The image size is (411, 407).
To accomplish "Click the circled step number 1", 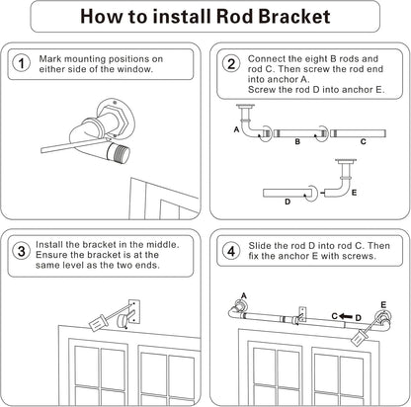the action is (22, 63).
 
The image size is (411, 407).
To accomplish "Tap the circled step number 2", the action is (231, 63).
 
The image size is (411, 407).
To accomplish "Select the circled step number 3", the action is (22, 251).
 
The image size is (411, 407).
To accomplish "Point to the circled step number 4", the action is (231, 251).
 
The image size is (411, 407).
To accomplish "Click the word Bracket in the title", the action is (293, 17).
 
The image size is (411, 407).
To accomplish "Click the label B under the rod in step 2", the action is (297, 142).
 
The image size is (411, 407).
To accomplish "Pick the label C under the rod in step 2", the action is (364, 142).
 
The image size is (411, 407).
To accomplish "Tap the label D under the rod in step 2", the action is (288, 202).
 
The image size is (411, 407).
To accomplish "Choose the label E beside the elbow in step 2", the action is (354, 193).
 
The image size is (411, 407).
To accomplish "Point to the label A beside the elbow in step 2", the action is (236, 129).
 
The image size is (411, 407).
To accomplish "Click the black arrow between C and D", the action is (346, 316).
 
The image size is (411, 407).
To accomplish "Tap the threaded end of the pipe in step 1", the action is (120, 153).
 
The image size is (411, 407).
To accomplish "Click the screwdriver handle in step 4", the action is (359, 338).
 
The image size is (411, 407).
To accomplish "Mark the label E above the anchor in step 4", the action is (383, 305).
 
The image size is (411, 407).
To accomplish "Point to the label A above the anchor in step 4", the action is (244, 295).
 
